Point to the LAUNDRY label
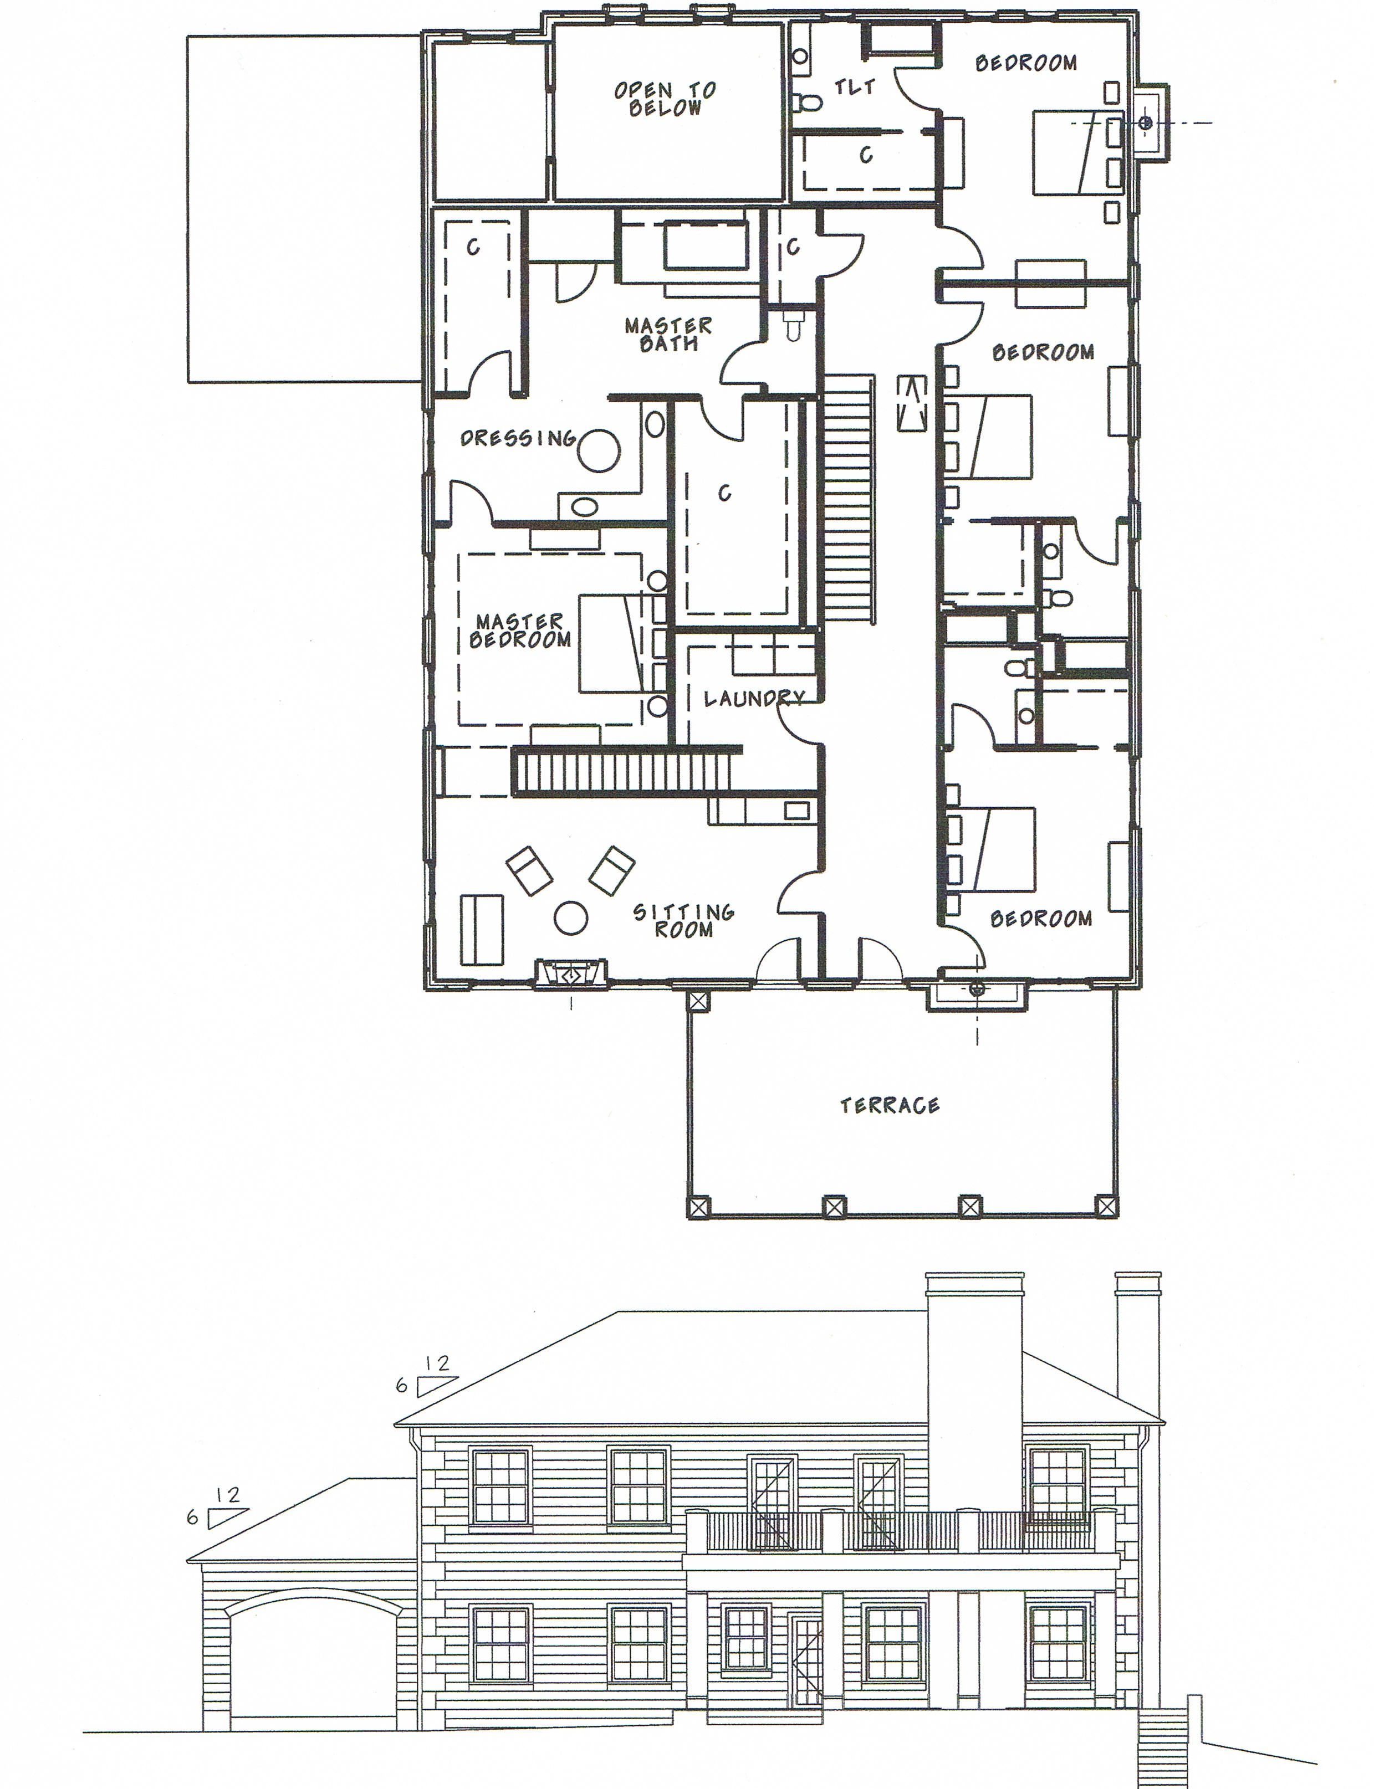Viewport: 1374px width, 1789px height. click(754, 698)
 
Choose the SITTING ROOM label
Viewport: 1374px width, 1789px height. click(684, 921)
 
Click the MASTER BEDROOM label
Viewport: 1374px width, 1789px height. click(520, 631)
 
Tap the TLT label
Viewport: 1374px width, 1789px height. click(855, 86)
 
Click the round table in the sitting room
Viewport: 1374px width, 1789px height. click(571, 917)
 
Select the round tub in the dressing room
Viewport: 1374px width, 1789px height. click(600, 450)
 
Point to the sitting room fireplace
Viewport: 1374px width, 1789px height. click(571, 975)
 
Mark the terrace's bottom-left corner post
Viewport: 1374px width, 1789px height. click(699, 1207)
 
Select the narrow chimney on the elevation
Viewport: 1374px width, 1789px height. click(1138, 1341)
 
